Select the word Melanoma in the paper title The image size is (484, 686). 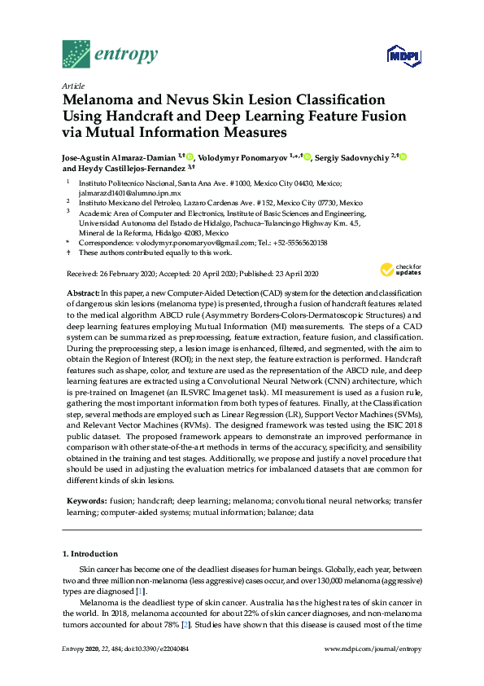(x=99, y=99)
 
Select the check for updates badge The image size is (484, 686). (x=399, y=270)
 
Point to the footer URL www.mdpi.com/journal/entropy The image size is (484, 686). (x=373, y=671)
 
